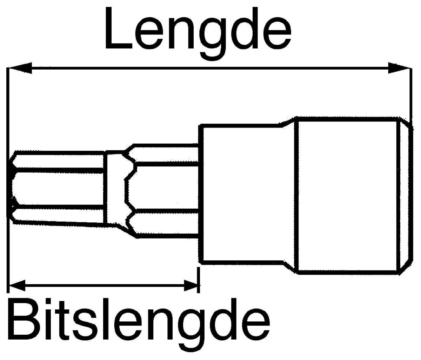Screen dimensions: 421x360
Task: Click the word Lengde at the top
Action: [x=198, y=34]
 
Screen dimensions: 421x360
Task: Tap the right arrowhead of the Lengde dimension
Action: [x=399, y=68]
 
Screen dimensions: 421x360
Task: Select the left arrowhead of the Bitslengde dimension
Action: [x=17, y=286]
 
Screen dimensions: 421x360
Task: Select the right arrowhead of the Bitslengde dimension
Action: [x=191, y=286]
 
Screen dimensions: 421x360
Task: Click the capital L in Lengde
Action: [x=119, y=28]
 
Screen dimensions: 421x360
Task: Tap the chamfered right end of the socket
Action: [x=405, y=196]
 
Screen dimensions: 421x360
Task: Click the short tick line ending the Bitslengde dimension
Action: [x=198, y=280]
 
